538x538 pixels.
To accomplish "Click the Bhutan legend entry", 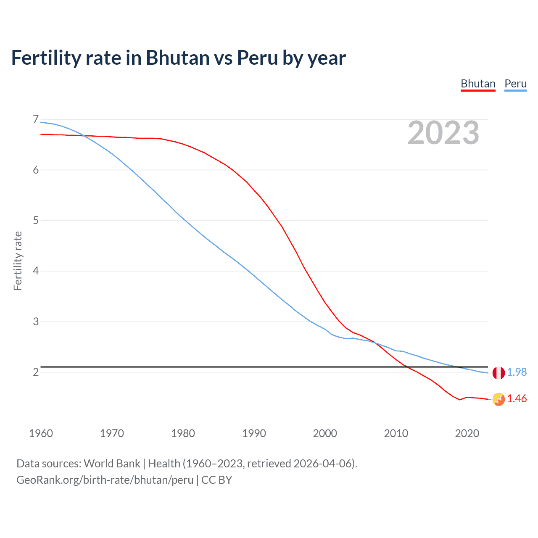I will click(478, 84).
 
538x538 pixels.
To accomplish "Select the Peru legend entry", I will click(515, 84).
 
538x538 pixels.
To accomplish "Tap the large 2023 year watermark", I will click(443, 133).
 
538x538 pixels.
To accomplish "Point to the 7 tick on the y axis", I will click(36, 119).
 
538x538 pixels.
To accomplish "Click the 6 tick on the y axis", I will click(36, 170).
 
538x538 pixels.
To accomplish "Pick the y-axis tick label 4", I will click(36, 271).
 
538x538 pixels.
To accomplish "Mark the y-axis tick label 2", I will click(36, 372).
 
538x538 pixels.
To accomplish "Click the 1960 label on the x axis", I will click(41, 433).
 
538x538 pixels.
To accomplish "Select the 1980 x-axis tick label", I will click(183, 433).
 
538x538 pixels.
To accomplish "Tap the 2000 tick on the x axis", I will click(325, 433).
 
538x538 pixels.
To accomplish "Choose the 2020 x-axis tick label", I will click(467, 433).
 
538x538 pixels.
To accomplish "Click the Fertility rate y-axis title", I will click(18, 261).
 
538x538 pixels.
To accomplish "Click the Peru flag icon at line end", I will click(498, 372).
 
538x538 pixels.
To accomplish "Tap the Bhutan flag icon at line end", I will click(498, 399).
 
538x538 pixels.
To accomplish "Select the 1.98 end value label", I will click(517, 372).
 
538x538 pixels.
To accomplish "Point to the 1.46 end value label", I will click(517, 398).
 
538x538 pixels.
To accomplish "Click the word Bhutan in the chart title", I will click(177, 58).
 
